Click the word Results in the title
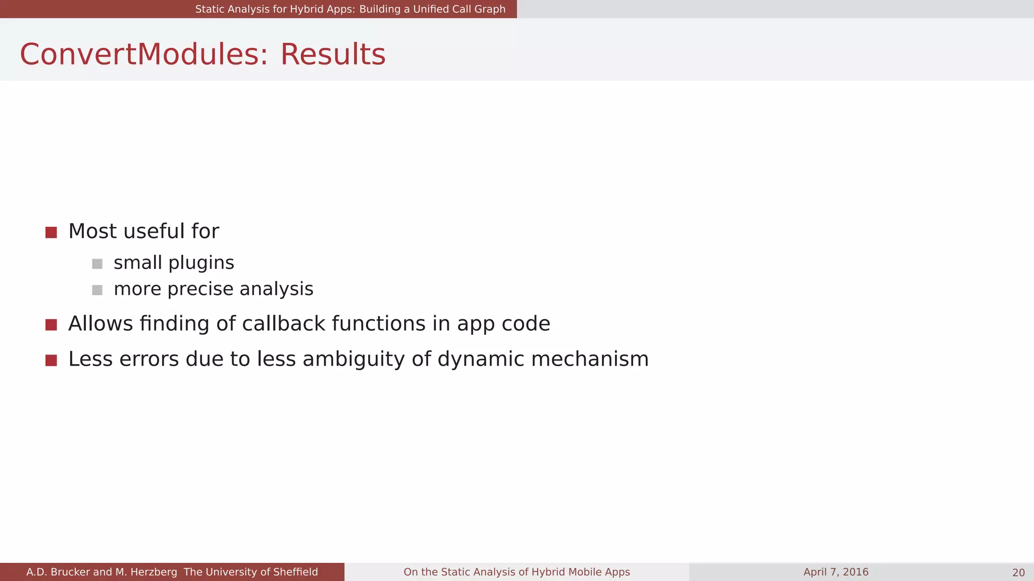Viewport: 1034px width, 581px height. tap(333, 54)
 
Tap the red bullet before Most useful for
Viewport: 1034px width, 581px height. tap(51, 233)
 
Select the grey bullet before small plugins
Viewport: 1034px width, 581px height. tap(97, 264)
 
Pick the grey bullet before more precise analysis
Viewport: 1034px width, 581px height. tap(97, 290)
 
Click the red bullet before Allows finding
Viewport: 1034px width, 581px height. tap(51, 325)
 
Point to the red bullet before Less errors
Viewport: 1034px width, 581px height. tap(51, 360)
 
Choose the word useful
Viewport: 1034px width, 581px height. tap(154, 231)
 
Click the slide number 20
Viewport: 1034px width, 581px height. tap(1018, 572)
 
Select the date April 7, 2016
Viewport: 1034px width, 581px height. tap(836, 572)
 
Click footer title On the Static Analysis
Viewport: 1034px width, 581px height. tap(516, 572)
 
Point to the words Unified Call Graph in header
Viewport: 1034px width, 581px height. tap(459, 9)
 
